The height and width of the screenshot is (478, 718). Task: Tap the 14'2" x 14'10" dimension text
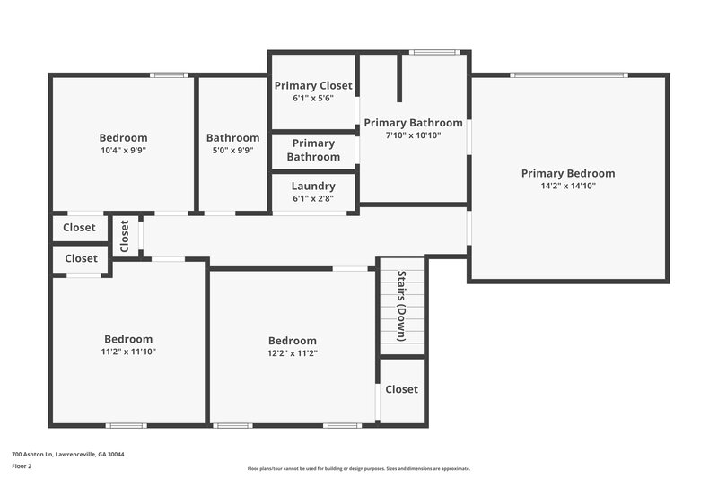[568, 187]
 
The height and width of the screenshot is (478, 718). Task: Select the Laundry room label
[313, 187]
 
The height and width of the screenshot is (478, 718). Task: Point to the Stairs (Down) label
[402, 306]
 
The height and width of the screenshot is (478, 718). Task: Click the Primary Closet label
[313, 86]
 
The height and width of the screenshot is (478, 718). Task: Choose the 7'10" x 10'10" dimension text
[413, 135]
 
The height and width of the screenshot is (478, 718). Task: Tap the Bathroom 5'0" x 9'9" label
[232, 138]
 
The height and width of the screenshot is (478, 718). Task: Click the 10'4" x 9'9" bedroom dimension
[123, 151]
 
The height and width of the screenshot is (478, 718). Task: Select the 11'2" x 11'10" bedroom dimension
[128, 352]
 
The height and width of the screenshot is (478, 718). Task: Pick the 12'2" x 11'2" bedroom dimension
[293, 353]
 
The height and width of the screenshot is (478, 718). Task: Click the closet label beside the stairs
[401, 389]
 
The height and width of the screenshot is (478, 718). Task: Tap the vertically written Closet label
[125, 236]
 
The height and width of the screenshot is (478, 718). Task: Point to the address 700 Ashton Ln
[68, 455]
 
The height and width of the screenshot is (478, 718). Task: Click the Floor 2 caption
[22, 467]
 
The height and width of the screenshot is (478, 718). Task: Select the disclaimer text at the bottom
[358, 468]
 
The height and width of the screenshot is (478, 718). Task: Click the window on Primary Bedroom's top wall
[569, 75]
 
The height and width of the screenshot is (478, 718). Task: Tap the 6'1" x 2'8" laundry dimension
[313, 198]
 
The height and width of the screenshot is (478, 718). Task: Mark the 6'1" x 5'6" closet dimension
[313, 98]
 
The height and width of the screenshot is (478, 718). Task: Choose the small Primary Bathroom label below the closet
[313, 150]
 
